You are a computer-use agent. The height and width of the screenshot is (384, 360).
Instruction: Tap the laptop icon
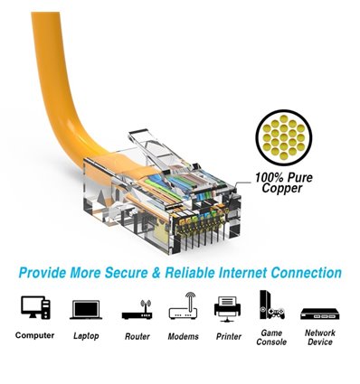[85, 309]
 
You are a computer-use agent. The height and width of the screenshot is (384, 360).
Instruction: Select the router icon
[136, 309]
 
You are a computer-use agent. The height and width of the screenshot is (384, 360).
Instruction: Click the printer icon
[228, 307]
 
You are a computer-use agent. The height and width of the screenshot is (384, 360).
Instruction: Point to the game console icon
[271, 305]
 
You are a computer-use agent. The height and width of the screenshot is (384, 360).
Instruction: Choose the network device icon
[318, 312]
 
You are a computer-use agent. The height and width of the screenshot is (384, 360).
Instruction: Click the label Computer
[34, 336]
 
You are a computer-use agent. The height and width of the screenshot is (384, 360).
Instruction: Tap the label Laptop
[85, 336]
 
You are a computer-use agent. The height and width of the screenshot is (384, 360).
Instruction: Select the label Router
[136, 336]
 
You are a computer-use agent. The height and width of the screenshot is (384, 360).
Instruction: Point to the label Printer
[228, 336]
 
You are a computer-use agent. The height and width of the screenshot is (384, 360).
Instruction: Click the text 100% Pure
[283, 178]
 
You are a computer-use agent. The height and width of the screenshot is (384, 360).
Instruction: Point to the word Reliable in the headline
[199, 272]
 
